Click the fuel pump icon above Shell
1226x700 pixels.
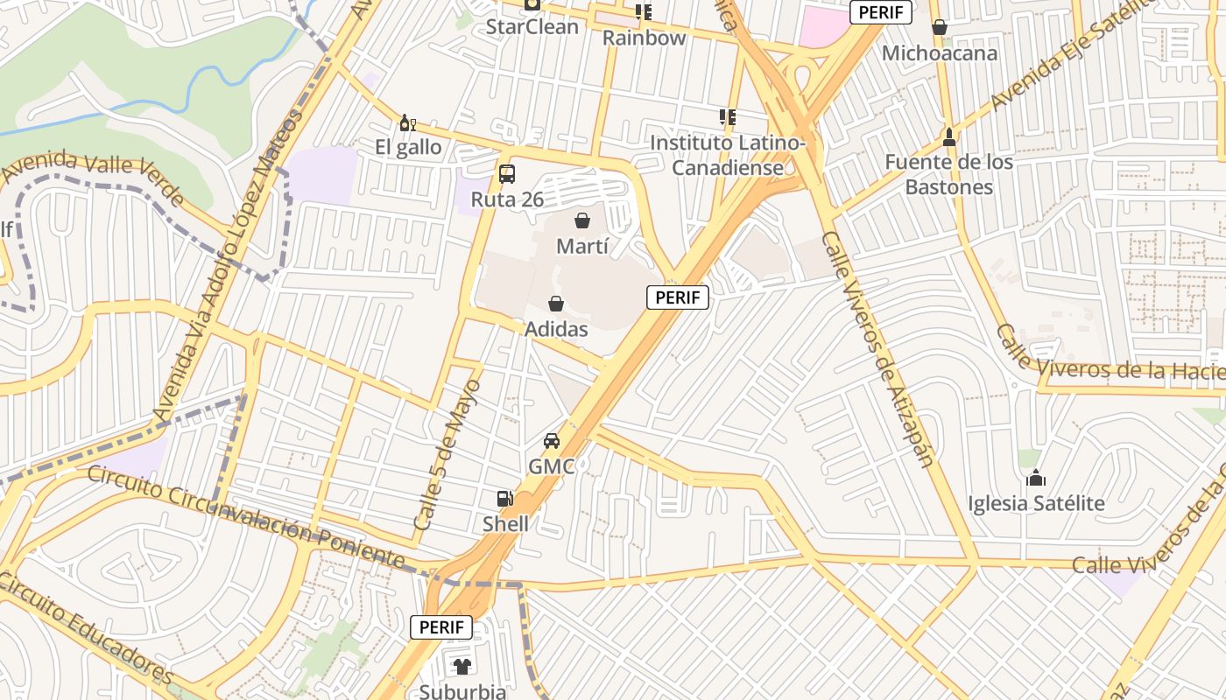[x=505, y=500]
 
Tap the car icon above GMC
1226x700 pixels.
[x=551, y=441]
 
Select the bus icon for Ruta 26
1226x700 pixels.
[x=507, y=174]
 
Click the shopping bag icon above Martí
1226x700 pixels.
[x=581, y=220]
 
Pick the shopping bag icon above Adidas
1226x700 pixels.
[x=555, y=304]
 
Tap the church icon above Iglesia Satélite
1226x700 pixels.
[x=1036, y=478]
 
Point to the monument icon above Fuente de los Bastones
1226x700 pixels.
[x=948, y=137]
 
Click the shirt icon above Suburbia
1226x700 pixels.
[x=462, y=667]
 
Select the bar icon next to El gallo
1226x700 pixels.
[x=405, y=122]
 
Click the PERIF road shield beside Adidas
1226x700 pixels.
[x=678, y=297]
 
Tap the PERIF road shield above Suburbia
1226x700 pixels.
[x=441, y=626]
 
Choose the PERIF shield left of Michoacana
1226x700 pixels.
[x=881, y=12]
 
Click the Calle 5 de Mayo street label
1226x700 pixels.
[x=447, y=455]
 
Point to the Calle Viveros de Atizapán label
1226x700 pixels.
[x=878, y=349]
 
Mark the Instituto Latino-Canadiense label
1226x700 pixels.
[x=728, y=155]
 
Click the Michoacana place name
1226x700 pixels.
[x=939, y=53]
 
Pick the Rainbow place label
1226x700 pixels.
[x=644, y=38]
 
